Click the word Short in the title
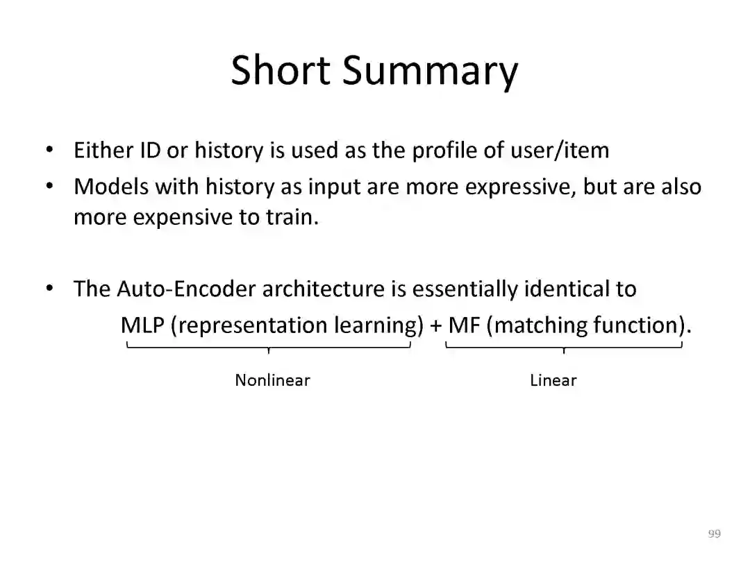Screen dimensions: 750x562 (x=281, y=70)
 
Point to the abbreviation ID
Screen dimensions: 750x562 (x=150, y=150)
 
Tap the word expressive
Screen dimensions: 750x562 (x=519, y=188)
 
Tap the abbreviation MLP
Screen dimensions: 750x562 (x=142, y=325)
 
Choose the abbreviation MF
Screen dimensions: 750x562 (x=464, y=325)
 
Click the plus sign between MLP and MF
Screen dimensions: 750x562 (x=435, y=326)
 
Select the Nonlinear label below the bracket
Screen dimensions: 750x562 (x=272, y=380)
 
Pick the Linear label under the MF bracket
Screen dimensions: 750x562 (x=553, y=380)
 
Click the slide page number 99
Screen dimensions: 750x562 (x=714, y=534)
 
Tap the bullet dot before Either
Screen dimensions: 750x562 (x=50, y=150)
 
